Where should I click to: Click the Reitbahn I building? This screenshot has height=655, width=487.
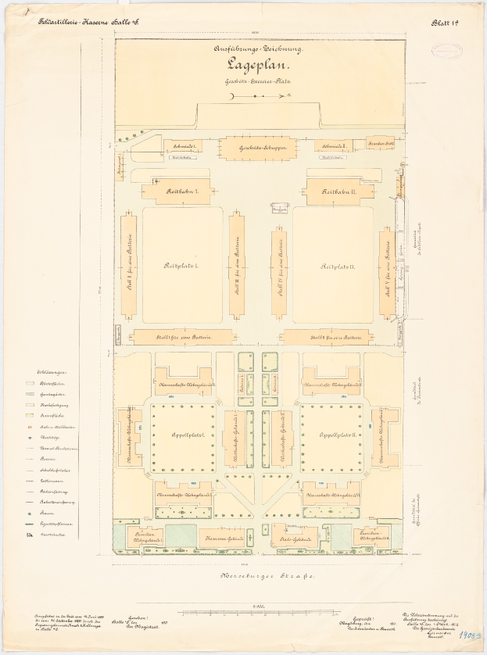pyautogui.click(x=176, y=191)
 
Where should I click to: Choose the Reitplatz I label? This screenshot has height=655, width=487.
pyautogui.click(x=181, y=267)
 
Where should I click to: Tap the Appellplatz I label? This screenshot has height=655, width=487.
pyautogui.click(x=182, y=435)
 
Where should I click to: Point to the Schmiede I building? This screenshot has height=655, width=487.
pyautogui.click(x=182, y=145)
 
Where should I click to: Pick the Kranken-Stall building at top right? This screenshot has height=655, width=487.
pyautogui.click(x=379, y=144)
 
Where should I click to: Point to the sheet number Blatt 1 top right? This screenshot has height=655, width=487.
pyautogui.click(x=444, y=24)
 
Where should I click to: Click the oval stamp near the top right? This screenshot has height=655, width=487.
pyautogui.click(x=446, y=51)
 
